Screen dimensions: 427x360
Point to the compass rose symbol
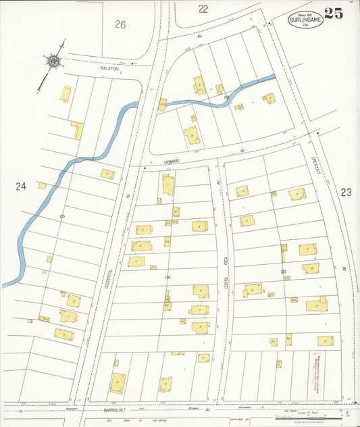pos(53,61)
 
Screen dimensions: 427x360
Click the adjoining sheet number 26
pos(120,25)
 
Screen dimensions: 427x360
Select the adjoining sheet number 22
pos(203,9)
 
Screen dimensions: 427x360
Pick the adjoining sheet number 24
pos(21,186)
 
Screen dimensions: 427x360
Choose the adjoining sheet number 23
pos(346,193)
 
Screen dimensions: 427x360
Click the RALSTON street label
pos(110,69)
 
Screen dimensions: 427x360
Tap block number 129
pos(284,272)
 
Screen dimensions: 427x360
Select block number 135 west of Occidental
pos(61,216)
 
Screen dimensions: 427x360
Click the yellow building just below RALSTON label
pos(66,94)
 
